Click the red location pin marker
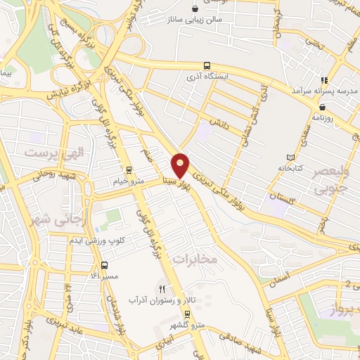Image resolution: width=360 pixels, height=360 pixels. click(x=181, y=164)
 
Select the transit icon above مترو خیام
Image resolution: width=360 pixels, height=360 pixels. click(x=128, y=170)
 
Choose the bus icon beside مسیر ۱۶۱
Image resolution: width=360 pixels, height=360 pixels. click(x=105, y=266)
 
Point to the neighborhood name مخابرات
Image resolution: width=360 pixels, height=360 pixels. click(x=196, y=259)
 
